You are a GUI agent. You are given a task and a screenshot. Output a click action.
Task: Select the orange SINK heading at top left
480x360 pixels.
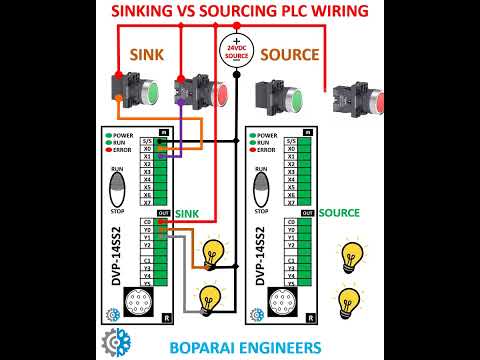pos(147,54)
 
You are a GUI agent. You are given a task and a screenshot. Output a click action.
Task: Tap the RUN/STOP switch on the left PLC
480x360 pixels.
pos(118,191)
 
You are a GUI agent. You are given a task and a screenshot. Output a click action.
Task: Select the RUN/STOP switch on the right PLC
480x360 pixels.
pos(262,191)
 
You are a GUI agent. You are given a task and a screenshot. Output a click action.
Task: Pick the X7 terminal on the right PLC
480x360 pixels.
pos(291,204)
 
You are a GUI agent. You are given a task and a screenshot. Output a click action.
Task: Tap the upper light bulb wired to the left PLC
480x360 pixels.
pos(212,253)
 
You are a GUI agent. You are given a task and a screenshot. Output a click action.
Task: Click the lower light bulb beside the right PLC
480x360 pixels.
pos(349,298)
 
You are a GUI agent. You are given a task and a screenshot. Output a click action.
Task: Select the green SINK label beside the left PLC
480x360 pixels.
pos(188,213)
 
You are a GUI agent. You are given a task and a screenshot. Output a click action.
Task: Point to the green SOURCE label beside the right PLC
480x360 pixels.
pos(340,213)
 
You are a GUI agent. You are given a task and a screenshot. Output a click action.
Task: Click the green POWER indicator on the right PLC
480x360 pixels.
pos(250,133)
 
